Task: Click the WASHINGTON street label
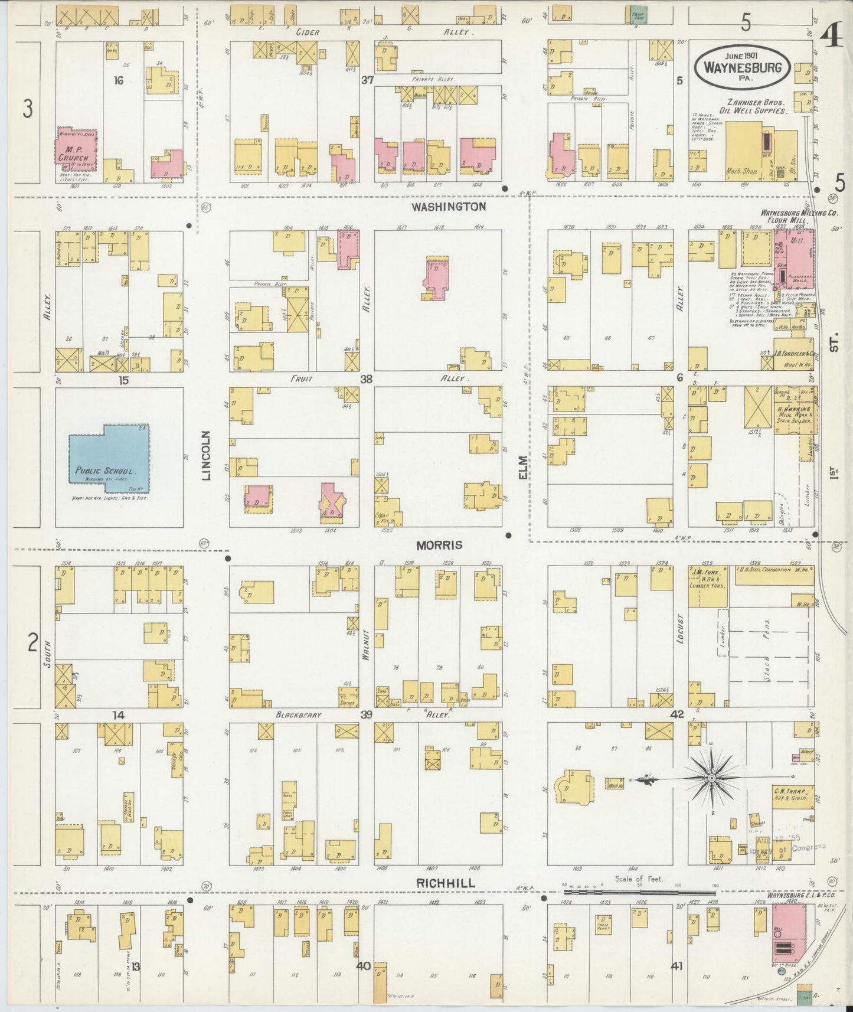pos(449,206)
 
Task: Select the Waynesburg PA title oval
pos(742,66)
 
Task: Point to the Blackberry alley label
pos(299,715)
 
